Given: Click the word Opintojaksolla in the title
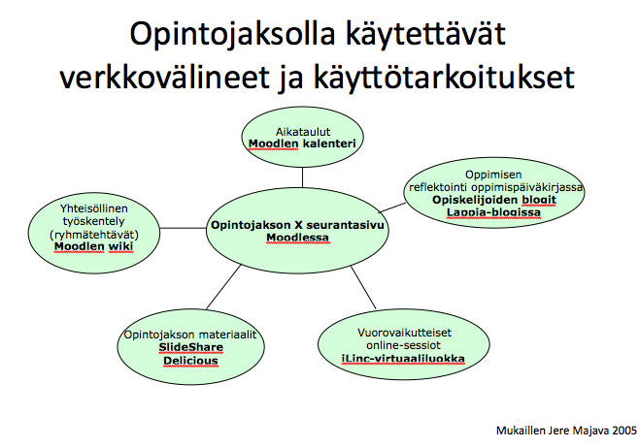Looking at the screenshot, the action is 232,35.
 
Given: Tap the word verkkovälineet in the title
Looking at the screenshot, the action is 165,78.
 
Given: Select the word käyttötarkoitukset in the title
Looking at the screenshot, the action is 444,79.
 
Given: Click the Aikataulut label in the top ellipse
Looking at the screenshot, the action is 303,132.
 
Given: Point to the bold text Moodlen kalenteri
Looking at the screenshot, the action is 302,144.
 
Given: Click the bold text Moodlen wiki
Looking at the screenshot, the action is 94,246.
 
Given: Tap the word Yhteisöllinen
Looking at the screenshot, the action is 94,208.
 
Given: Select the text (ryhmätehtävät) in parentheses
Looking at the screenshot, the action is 94,235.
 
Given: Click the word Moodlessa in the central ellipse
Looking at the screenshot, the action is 297,238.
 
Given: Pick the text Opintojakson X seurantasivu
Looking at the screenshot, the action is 297,225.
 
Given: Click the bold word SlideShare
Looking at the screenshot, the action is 190,347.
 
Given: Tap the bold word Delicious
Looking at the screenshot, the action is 190,361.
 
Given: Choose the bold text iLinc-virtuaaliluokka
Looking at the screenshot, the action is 403,359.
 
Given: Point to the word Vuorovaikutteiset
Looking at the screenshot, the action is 404,333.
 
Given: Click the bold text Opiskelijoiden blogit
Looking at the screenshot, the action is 494,200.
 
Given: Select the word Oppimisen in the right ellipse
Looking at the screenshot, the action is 493,175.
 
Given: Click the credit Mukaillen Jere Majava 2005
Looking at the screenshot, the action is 566,431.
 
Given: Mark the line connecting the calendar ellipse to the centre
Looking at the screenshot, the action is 302,177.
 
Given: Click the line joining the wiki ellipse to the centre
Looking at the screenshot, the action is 183,228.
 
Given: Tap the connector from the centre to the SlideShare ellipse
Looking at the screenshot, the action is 223,287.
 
